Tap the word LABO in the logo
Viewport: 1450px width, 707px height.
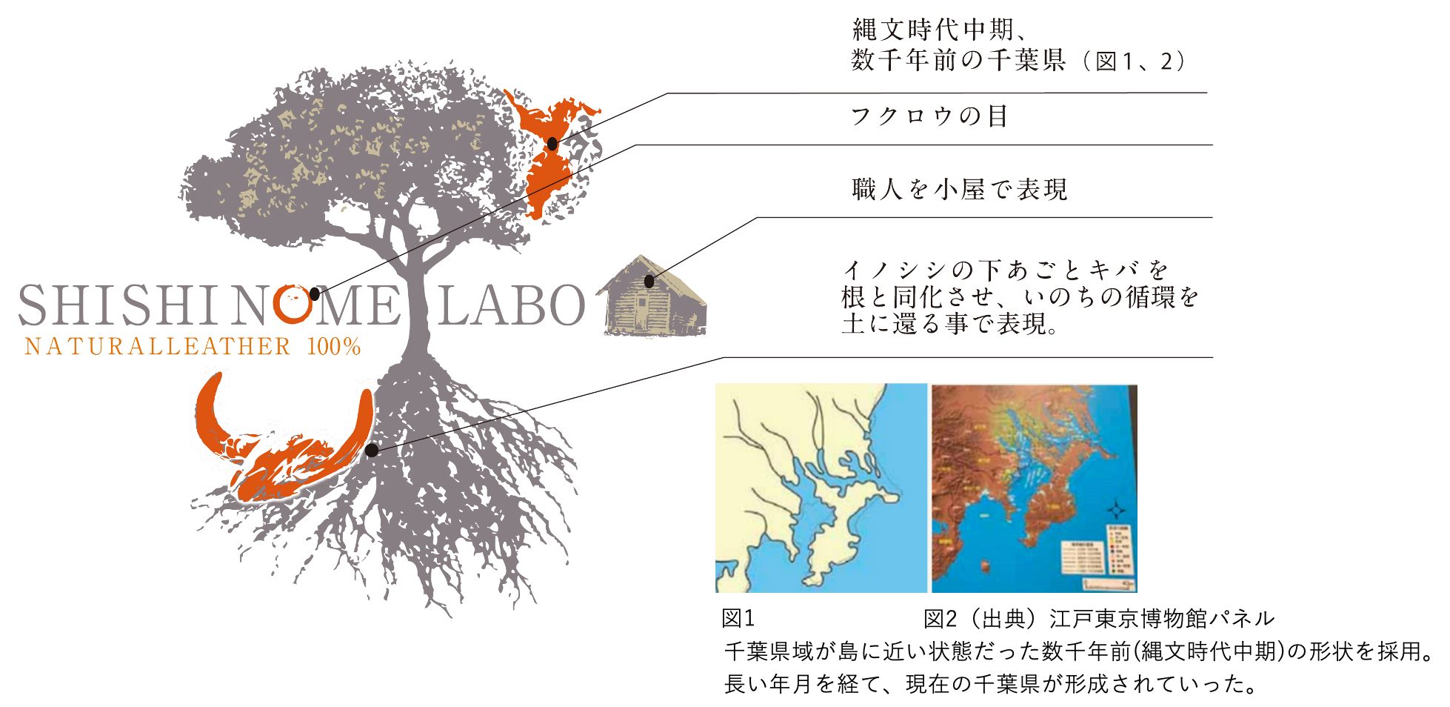tap(512, 305)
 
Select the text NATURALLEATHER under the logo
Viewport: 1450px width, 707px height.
tap(158, 347)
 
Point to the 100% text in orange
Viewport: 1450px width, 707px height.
tap(333, 347)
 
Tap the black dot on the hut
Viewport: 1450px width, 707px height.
tap(649, 282)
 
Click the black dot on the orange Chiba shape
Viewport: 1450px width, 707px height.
tap(552, 144)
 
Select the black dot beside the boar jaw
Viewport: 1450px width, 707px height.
tap(372, 450)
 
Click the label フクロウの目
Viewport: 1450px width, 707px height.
tap(929, 116)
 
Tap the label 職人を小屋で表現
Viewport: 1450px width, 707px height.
tap(960, 190)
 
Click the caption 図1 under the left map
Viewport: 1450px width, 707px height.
tap(738, 618)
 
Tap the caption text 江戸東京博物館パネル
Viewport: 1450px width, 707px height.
tap(1161, 618)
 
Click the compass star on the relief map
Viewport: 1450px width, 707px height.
tap(1116, 511)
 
